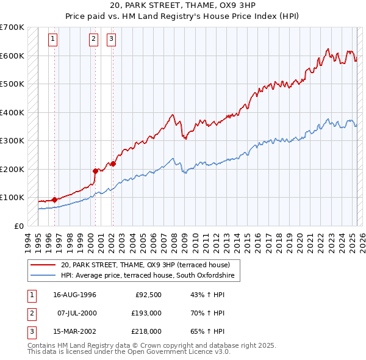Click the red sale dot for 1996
pyautogui.click(x=54, y=200)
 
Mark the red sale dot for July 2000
pyautogui.click(x=96, y=171)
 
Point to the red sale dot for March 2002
pyautogui.click(x=113, y=164)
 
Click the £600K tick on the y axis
pyautogui.click(x=12, y=56)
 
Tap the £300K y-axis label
pyautogui.click(x=12, y=140)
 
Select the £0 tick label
pyautogui.click(x=19, y=226)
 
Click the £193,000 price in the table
pyautogui.click(x=147, y=313)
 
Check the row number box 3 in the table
pyautogui.click(x=30, y=331)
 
